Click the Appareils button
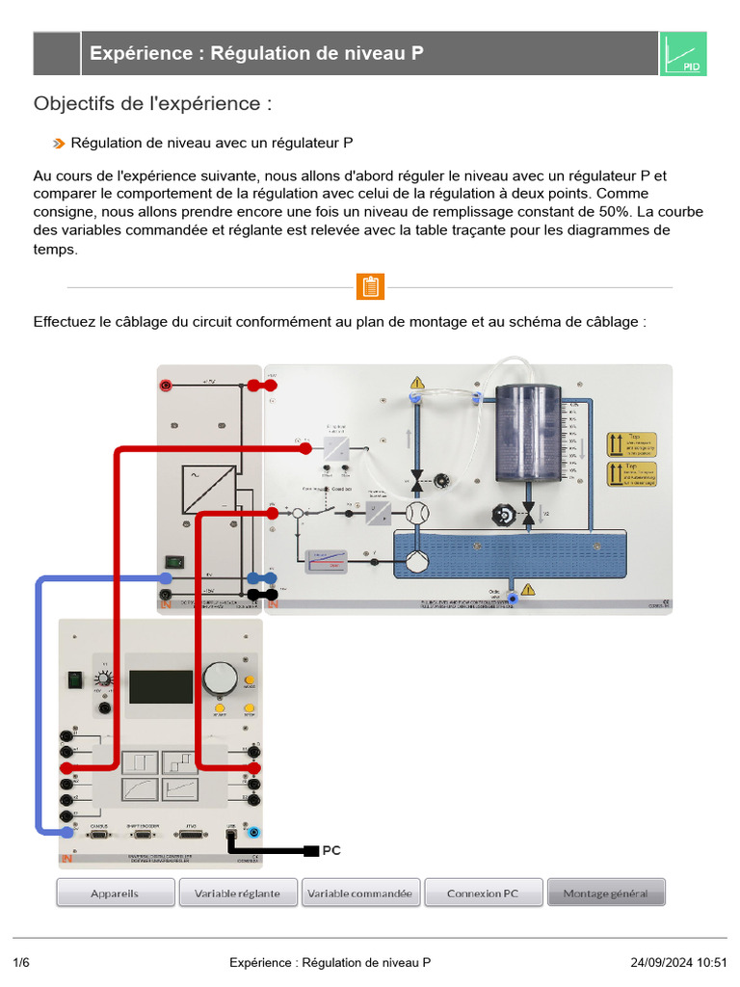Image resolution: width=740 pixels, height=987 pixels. point(115,893)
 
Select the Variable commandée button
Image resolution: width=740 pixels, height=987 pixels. point(360,893)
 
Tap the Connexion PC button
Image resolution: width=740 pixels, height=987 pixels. point(483,893)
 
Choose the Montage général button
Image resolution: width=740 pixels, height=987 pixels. point(606,893)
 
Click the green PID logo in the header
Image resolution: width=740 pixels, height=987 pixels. point(683,54)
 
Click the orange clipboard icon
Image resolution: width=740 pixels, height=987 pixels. point(370,287)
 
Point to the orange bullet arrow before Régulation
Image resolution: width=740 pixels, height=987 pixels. point(60,144)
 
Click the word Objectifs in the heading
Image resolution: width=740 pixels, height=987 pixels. point(72,103)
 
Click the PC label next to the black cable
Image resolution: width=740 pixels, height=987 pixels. point(330,851)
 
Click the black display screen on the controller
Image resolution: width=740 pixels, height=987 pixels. point(161,686)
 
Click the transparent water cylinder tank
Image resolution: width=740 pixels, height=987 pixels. point(528,434)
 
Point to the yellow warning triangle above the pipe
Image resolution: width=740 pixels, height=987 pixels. point(416,383)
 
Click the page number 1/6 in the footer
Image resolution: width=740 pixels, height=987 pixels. point(22,962)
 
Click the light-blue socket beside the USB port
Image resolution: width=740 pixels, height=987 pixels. point(254,831)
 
